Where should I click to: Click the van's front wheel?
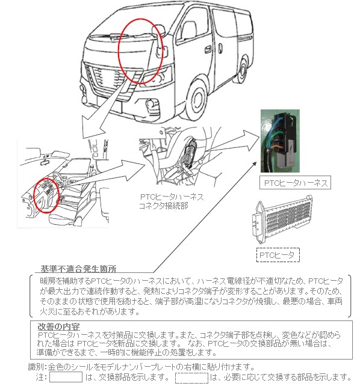click(x=196, y=99)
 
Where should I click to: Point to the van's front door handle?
click(x=208, y=50)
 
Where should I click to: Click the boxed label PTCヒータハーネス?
click(x=295, y=183)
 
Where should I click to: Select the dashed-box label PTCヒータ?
click(x=278, y=255)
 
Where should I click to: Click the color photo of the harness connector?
click(x=280, y=141)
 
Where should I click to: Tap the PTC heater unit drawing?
click(x=281, y=219)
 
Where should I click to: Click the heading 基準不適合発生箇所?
click(x=78, y=269)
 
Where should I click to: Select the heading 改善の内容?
click(x=58, y=326)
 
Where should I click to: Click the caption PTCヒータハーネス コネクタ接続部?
click(x=171, y=201)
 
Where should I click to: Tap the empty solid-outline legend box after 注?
click(x=66, y=377)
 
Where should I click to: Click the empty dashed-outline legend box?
click(x=191, y=378)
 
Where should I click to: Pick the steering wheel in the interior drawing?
click(x=59, y=178)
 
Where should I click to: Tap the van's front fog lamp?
click(x=150, y=103)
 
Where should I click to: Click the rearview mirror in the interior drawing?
click(x=45, y=163)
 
